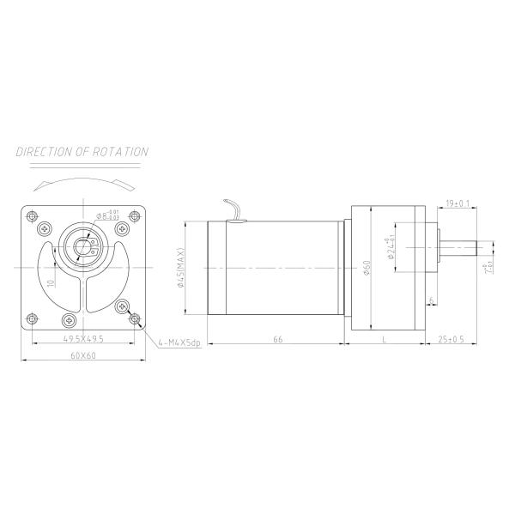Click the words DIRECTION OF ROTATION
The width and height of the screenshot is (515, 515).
pos(82,152)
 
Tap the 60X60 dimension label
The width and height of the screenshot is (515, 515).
pos(83,355)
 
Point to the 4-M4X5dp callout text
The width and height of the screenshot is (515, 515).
pos(179,342)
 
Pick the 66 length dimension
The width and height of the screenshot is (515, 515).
pos(277,340)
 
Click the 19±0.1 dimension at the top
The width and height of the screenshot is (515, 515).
pos(457,203)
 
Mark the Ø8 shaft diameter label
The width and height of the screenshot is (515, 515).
pos(107,215)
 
